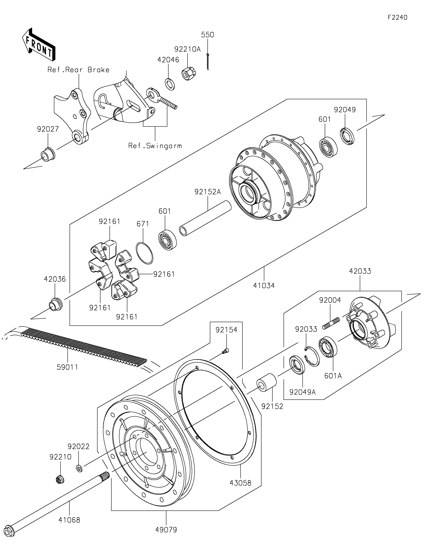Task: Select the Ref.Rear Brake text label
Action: point(79,70)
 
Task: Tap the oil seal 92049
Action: point(347,136)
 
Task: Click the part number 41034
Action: point(264,286)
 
